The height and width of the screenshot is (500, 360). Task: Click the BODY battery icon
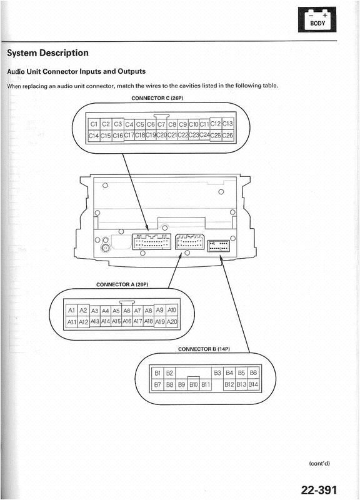[317, 20]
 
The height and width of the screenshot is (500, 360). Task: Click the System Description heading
[48, 53]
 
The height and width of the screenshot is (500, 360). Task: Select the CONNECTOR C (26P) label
[157, 98]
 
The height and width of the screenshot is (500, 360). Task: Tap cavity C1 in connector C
[93, 124]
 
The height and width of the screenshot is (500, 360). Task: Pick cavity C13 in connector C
[227, 123]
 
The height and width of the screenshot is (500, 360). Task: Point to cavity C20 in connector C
[161, 135]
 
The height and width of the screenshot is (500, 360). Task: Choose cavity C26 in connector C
[227, 135]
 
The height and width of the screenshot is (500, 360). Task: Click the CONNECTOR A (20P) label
[122, 284]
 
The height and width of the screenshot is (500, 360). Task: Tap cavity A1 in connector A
[71, 310]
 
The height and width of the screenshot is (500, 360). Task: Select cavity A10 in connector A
[172, 310]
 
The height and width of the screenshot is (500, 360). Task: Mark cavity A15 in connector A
[116, 321]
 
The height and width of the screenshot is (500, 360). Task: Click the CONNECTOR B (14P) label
[204, 349]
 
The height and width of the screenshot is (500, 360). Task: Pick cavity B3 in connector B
[217, 372]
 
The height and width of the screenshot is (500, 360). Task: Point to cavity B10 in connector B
[194, 384]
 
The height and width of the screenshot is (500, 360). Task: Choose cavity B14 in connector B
[253, 384]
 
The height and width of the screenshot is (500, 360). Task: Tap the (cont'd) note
[319, 463]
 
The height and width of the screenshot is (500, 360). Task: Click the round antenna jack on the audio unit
[104, 247]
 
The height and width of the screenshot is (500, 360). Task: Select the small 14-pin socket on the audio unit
[218, 246]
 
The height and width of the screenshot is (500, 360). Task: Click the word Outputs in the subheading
[132, 71]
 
